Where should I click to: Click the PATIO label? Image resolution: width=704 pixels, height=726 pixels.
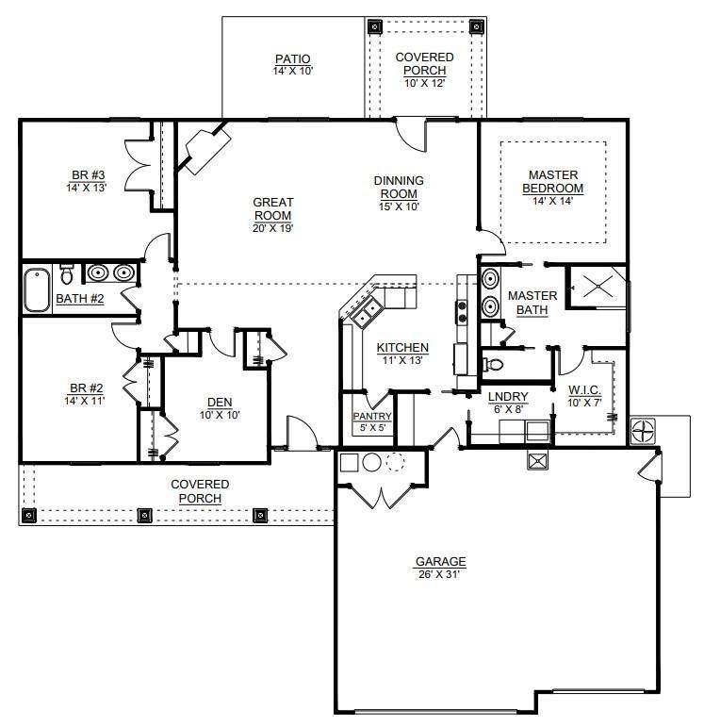coord(292,59)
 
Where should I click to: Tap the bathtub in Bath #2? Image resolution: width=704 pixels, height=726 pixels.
coord(37,290)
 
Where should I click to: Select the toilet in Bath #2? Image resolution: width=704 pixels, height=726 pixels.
coord(67,273)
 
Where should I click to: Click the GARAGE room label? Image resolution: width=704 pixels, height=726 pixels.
coord(441,562)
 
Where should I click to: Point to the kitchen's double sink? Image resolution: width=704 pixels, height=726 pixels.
coord(366,313)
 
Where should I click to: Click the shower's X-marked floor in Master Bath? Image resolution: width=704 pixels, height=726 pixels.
coord(598,286)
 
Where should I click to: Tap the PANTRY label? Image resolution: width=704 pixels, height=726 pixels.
coord(372,416)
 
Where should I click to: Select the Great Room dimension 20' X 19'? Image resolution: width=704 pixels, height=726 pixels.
coord(273,228)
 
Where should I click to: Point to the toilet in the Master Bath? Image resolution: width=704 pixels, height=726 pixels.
coord(494,364)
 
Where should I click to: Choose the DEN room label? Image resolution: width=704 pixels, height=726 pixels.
coord(220,403)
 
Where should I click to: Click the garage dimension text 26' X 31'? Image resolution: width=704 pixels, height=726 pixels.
coord(439,574)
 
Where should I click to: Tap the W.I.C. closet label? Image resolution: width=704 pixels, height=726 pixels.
coord(584,389)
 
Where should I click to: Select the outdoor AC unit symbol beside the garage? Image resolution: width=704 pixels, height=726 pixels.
coord(644,431)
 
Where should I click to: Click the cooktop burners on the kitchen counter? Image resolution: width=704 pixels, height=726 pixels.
coord(462,312)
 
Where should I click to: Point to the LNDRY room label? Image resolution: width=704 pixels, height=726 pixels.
coord(508,397)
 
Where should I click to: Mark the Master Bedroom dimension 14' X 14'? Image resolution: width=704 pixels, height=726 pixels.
coord(552,201)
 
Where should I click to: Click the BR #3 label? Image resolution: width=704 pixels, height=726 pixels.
coord(88,175)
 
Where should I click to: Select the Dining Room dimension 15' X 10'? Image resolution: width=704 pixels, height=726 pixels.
coord(399,206)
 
